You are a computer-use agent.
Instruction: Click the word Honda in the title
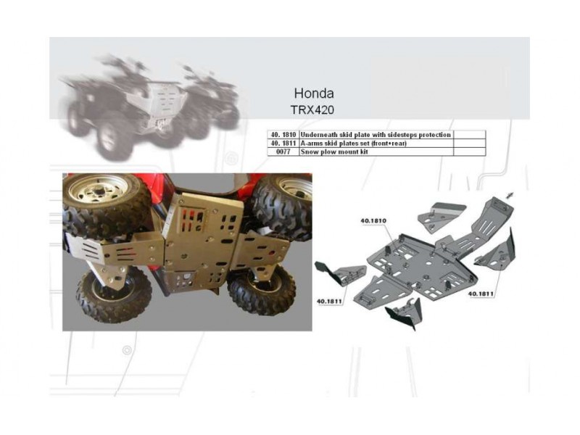click(314, 94)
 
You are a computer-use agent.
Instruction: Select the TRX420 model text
click(312, 110)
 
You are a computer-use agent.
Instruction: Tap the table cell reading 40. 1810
click(283, 135)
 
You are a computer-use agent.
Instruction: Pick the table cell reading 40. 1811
click(283, 143)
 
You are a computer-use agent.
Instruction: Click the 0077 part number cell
click(283, 152)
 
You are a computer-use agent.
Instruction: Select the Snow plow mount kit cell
click(334, 152)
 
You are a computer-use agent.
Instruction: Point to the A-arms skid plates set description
click(354, 143)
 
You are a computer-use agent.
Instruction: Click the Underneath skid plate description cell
click(376, 135)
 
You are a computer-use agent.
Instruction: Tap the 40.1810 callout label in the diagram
click(373, 221)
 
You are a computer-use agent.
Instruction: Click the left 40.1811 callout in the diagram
click(329, 301)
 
